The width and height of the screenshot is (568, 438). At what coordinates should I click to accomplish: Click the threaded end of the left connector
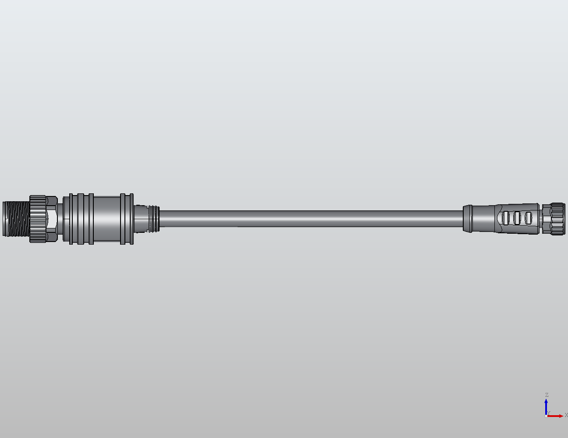pos(16,219)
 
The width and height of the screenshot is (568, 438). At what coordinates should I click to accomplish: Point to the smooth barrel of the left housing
pos(106,219)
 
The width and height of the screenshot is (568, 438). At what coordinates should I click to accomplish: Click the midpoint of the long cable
pos(311,219)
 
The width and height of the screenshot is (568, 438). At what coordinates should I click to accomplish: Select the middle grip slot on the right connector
pos(517,217)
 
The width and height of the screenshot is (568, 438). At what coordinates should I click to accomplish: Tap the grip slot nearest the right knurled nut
pos(528,217)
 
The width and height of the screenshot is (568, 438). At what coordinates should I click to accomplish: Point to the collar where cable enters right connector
pos(468,218)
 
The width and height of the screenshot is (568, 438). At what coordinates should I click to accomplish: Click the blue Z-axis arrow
pos(546,406)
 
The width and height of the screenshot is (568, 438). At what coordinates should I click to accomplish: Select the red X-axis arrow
pos(557,416)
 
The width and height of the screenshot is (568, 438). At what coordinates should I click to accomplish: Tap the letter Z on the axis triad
pos(547,395)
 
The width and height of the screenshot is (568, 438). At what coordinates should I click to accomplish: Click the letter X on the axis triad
pos(566,415)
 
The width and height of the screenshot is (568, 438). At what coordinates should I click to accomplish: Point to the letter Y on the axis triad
pos(548,413)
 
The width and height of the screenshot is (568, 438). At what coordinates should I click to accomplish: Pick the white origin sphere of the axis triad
pos(546,416)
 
